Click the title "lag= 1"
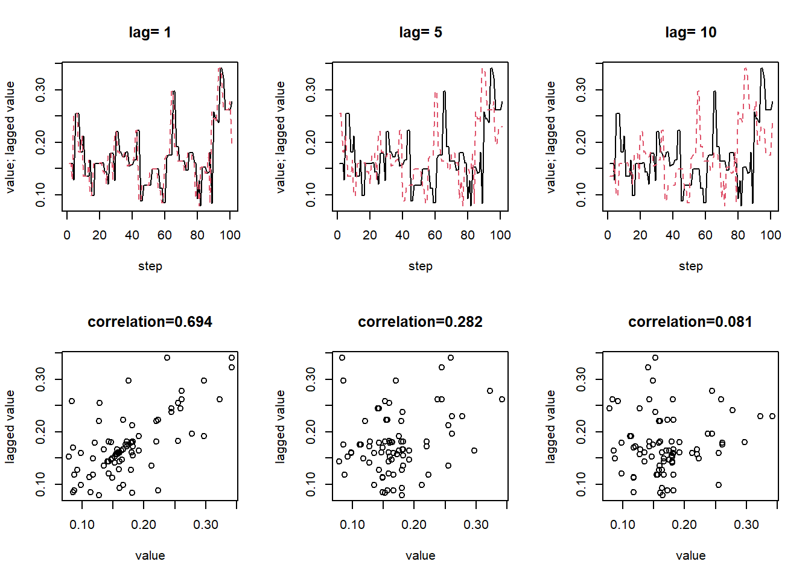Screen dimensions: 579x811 150,33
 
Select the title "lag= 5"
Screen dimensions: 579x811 421,33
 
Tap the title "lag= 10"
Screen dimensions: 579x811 690,33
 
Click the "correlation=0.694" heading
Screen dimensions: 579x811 150,322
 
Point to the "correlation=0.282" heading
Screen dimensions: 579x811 421,322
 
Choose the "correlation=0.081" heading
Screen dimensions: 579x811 690,322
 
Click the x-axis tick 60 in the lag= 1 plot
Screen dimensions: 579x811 165,235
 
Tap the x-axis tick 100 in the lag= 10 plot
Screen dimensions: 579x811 771,235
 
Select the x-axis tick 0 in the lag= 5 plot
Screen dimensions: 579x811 337,235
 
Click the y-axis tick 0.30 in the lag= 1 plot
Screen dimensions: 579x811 40,90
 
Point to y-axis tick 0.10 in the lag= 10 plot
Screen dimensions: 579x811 581,195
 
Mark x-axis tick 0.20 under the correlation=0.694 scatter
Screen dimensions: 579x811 144,525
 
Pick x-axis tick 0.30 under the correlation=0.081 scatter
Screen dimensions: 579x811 746,525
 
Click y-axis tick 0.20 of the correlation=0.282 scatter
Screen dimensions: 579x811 311,432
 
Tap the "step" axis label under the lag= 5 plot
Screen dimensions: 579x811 421,266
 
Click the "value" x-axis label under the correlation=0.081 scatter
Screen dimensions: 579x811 690,555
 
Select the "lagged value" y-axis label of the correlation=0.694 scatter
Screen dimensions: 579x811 10,426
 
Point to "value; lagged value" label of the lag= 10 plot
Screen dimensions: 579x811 551,137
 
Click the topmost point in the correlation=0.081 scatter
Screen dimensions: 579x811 655,358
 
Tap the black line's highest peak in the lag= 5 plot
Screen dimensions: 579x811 492,68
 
